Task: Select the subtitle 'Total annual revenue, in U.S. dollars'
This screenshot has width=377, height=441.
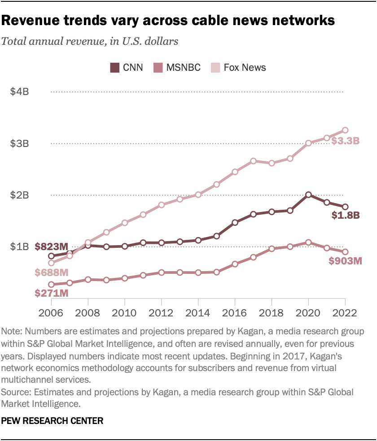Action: (x=90, y=42)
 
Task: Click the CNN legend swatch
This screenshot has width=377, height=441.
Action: (x=115, y=68)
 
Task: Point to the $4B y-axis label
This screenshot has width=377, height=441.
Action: (x=20, y=92)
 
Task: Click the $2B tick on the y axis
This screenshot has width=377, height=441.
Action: (x=20, y=195)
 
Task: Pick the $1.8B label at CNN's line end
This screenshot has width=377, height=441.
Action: (x=346, y=216)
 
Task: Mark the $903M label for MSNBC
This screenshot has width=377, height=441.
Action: (x=345, y=261)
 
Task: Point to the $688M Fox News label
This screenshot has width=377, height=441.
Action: (x=52, y=272)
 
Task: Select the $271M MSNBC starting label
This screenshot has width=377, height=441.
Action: (x=52, y=294)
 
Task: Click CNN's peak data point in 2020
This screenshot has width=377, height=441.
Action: (x=308, y=195)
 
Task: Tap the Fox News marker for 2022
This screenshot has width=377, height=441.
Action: (x=345, y=130)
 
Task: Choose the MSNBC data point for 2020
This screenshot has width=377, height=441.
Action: (x=308, y=242)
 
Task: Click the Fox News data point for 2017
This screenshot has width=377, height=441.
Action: (x=253, y=161)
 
